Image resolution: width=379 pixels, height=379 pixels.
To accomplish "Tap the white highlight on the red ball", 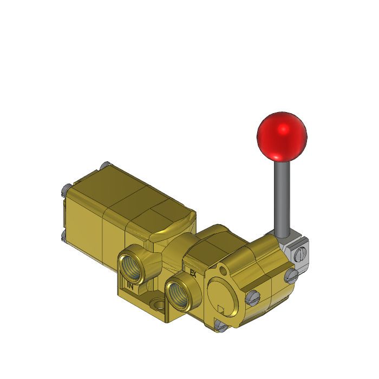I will click(x=282, y=130).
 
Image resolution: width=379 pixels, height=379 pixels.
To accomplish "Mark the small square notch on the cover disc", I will click(x=220, y=310).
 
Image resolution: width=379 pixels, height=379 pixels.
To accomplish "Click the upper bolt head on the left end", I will click(x=66, y=188).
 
